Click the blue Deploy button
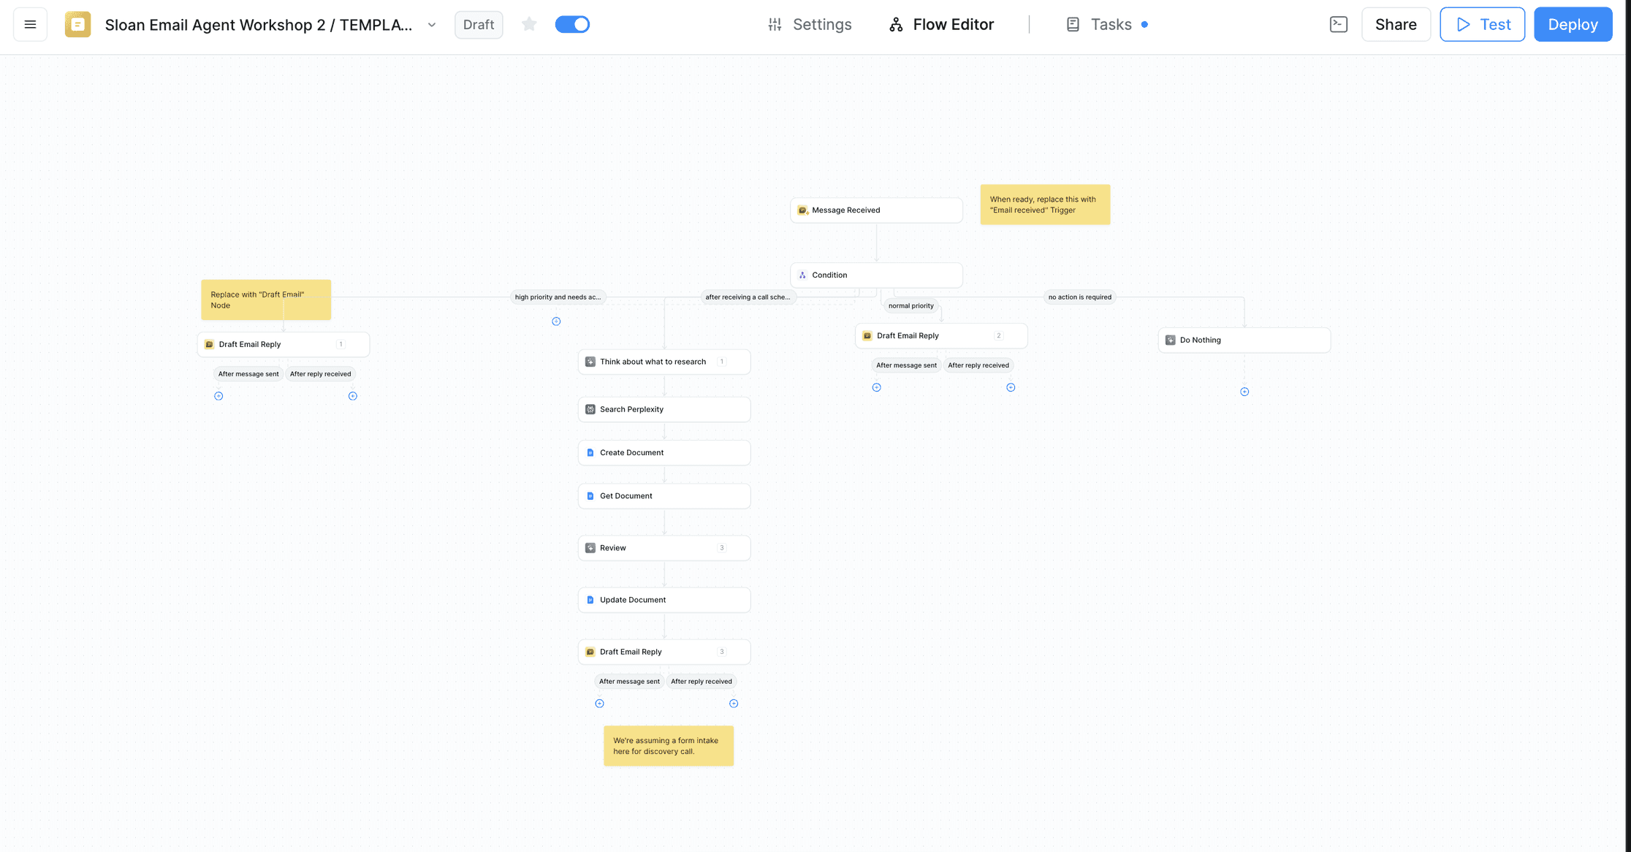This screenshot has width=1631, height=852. pos(1573,24)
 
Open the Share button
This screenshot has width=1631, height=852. pos(1396,24)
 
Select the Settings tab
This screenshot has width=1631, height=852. pos(810,25)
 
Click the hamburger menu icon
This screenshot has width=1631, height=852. pos(30,24)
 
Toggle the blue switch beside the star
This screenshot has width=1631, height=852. pos(572,25)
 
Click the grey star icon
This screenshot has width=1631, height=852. pos(529,25)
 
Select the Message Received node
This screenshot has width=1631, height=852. pos(876,210)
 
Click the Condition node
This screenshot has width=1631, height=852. pos(876,275)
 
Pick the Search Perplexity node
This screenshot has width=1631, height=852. pos(664,410)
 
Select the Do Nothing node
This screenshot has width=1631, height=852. pos(1244,341)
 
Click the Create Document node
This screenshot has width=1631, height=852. pos(664,453)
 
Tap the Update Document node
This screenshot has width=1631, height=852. pos(664,600)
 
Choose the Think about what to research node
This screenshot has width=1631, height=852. pos(664,362)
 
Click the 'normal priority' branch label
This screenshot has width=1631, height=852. pos(911,306)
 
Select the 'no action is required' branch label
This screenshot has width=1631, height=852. pos(1080,297)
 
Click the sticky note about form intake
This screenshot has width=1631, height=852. pos(669,746)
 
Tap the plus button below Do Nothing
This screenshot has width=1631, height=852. pos(1244,392)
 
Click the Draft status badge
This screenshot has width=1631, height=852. pos(479,25)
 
